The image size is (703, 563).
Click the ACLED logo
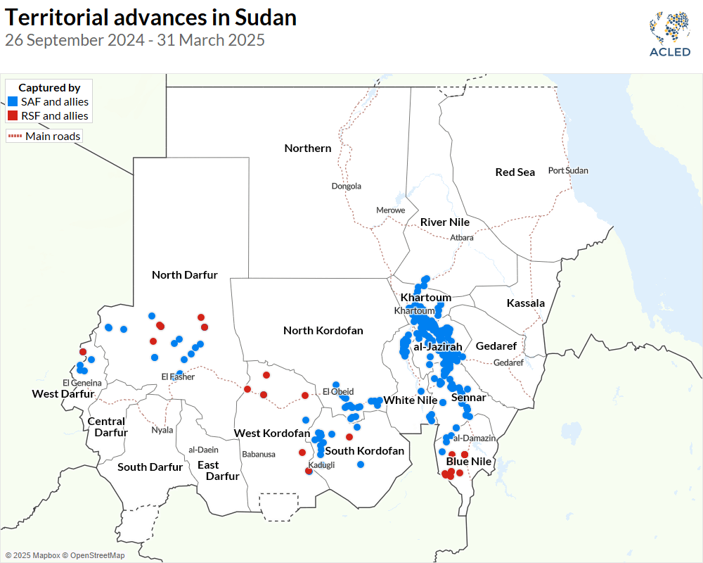670,33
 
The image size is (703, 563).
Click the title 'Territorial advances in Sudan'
150,18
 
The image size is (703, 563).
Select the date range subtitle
135,40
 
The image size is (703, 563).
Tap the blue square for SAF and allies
12,102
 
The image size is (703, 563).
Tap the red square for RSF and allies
12,116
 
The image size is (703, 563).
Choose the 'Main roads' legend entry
44,136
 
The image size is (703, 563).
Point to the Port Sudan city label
568,170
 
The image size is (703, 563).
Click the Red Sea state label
515,172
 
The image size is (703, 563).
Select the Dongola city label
347,186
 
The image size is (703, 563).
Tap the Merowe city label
390,210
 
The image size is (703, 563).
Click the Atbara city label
462,238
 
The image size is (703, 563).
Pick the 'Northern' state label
308,148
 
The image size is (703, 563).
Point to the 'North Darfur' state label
185,275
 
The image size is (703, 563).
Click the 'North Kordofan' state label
323,330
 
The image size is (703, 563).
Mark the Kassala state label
526,303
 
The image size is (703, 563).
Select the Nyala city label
162,430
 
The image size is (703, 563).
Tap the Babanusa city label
259,455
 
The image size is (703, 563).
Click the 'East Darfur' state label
214,470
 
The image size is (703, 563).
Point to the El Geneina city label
82,383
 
